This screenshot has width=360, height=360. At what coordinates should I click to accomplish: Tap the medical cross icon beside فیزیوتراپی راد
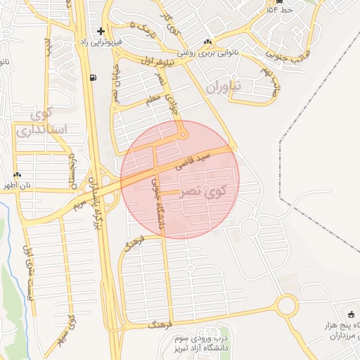point(101,32)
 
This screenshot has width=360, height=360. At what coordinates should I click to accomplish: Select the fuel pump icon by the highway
point(94,77)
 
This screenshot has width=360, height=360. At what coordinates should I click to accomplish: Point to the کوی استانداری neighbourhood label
point(41,122)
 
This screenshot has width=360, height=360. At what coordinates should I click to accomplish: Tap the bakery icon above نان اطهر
point(18,175)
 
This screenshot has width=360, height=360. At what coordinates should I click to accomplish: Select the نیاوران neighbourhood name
point(224,87)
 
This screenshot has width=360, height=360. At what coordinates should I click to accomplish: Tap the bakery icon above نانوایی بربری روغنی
point(207,42)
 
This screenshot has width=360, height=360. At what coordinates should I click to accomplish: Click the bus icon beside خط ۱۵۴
point(270,11)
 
